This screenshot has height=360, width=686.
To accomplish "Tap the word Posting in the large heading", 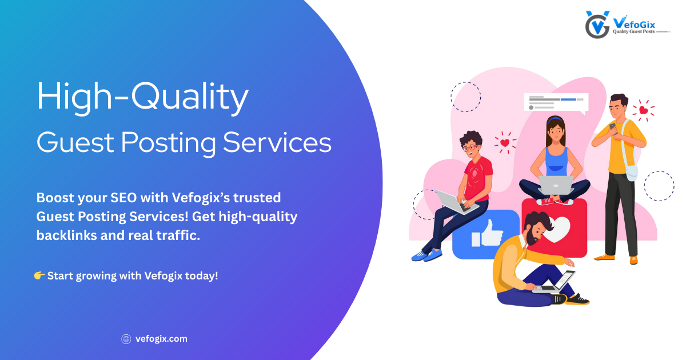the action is coord(169,143).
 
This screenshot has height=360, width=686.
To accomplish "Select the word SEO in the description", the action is coord(123,198).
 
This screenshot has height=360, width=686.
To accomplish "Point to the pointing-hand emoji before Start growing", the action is coord(39,275).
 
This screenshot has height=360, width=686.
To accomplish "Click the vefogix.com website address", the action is coord(161,339).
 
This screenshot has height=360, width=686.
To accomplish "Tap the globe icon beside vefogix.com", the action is coord(126,339).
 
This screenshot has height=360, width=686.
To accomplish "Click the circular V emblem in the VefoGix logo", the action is coord(597,25).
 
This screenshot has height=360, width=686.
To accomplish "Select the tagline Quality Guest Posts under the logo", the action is coord(633,31).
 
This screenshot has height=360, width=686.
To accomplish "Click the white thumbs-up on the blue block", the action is coord(488,234).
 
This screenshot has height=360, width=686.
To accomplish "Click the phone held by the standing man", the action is coord(613,128).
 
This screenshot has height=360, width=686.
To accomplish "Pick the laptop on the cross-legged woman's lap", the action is coord(556,185).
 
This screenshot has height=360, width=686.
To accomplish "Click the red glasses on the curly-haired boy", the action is coord(470,148).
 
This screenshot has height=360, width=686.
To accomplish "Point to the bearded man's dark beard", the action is coord(532,237).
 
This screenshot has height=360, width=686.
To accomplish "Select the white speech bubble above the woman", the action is coord(556,102).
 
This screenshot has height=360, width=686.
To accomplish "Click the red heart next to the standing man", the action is coord(644,110).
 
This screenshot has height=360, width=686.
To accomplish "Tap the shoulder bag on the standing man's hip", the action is coord(632,173).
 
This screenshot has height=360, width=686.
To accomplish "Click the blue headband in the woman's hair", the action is coord(556,119).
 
